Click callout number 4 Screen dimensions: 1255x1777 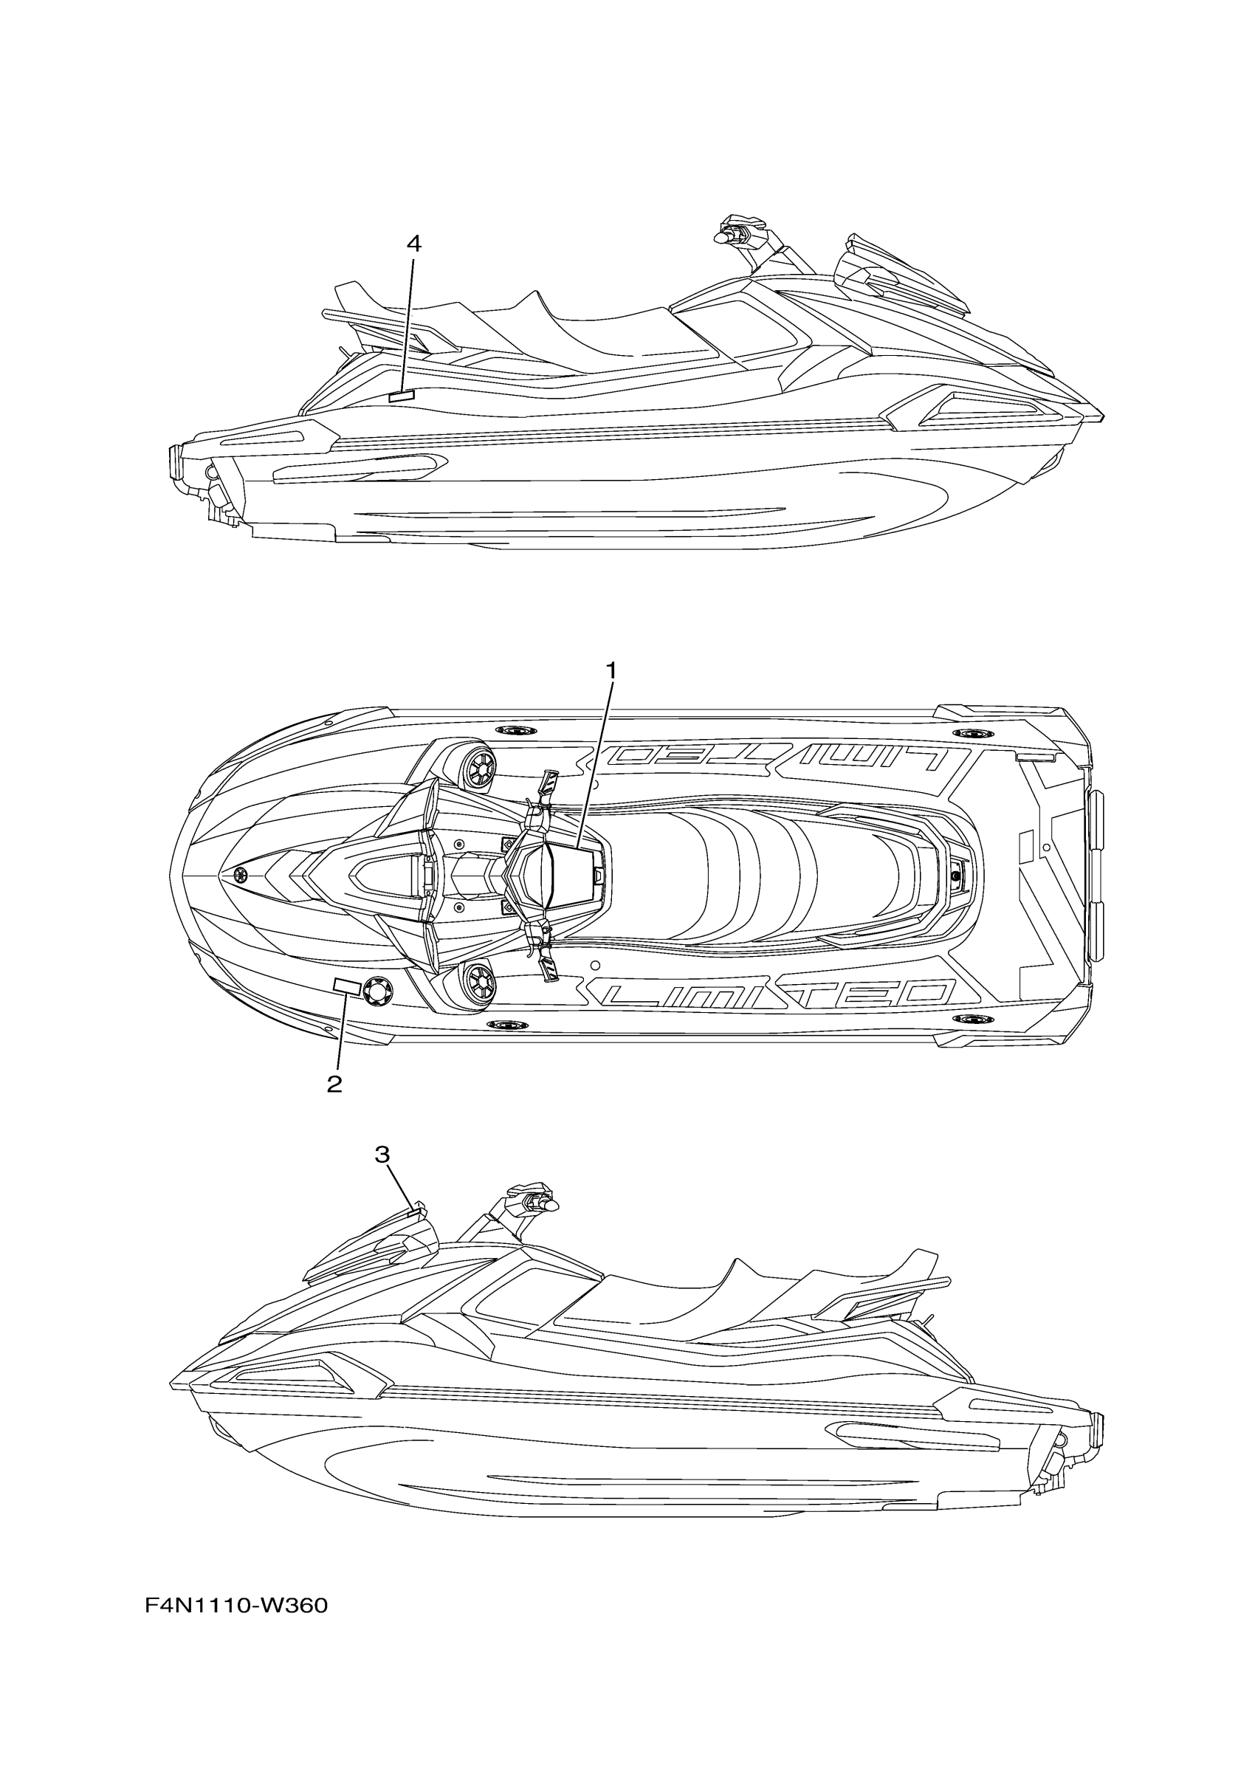414,244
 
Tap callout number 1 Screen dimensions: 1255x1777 611,670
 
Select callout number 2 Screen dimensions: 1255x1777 334,1084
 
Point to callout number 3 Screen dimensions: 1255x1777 382,1176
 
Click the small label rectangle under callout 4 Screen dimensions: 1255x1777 402,396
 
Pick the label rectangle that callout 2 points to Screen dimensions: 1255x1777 345,986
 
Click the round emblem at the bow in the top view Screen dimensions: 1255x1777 243,876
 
